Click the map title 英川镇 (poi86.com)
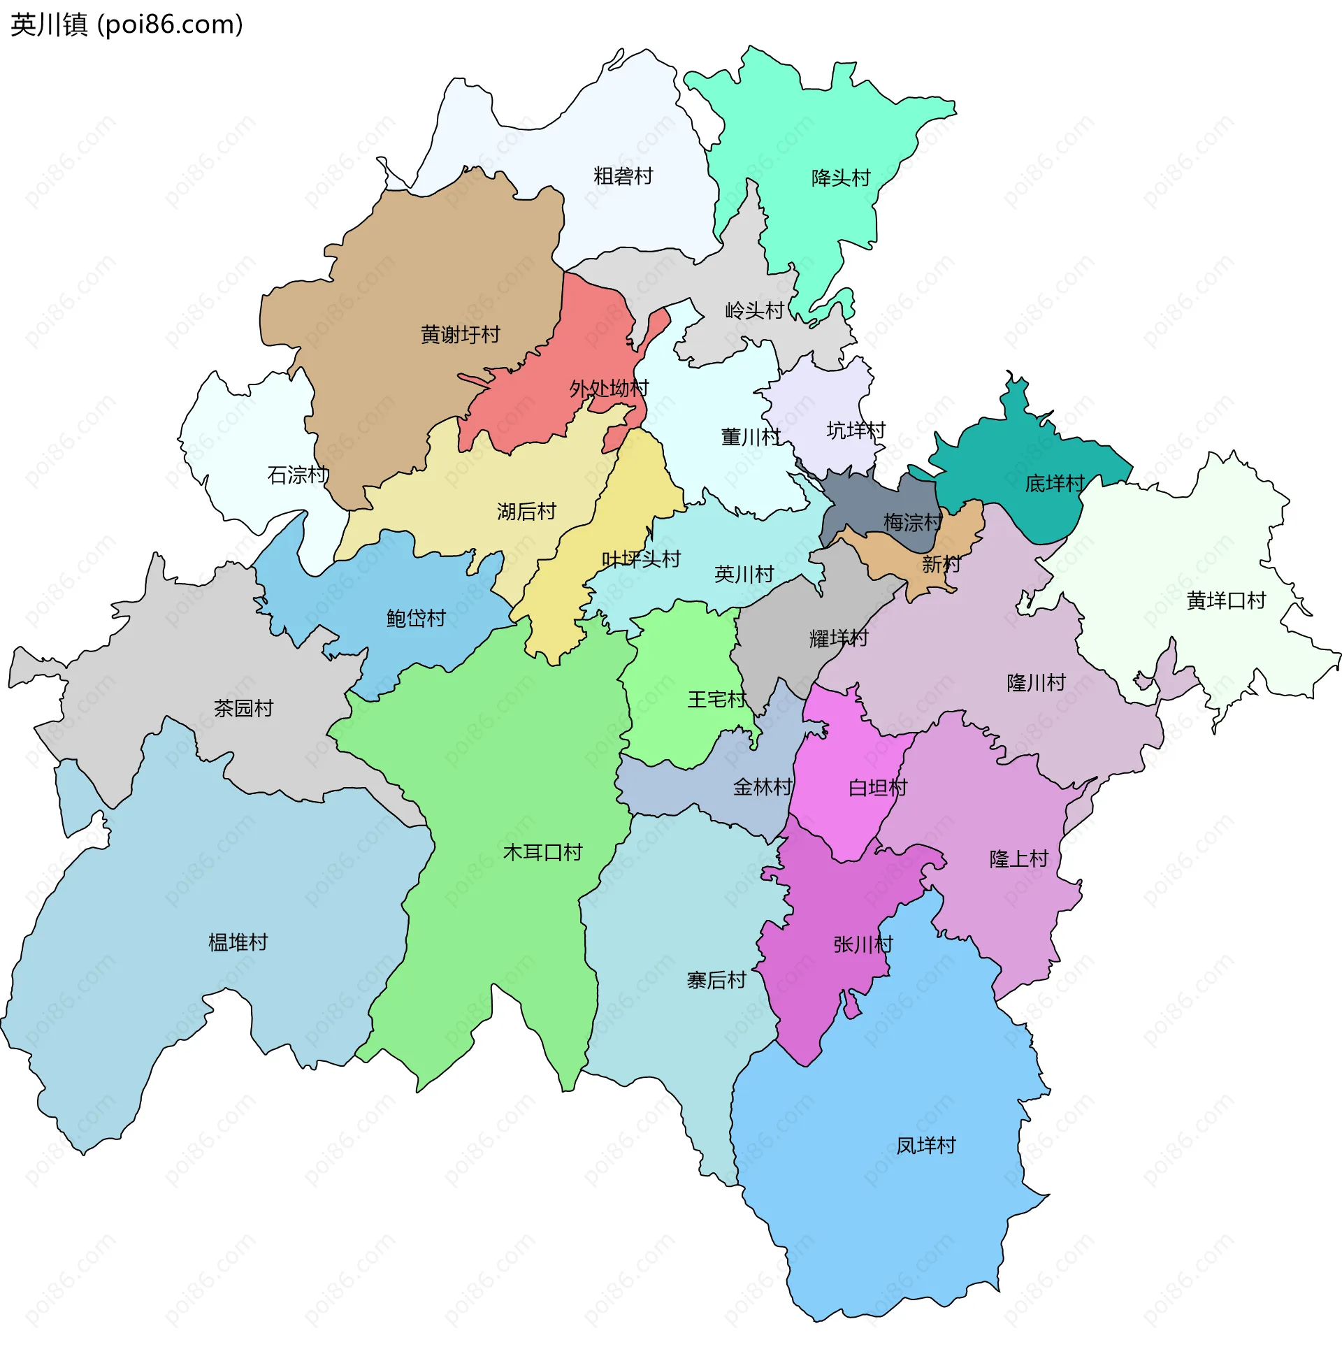coord(127,24)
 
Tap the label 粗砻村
coord(623,176)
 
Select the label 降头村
coord(841,178)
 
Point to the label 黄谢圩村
coord(460,335)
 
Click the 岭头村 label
coord(755,311)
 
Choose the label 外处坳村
coord(609,389)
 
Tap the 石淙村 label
coord(298,475)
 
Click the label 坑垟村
coord(856,431)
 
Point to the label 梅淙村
coord(913,523)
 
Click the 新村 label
coord(941,565)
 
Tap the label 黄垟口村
coord(1227,601)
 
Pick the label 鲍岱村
coord(416,619)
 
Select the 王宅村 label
coord(717,700)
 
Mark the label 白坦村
coord(877,788)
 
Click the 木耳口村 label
coord(542,853)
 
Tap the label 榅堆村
coord(238,943)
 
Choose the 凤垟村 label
coord(925,1146)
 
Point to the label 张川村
coord(863,945)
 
